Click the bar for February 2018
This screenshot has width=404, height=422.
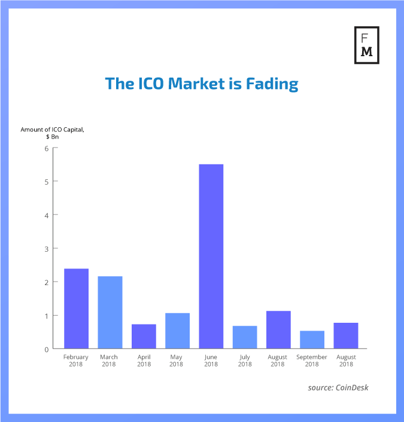point(76,308)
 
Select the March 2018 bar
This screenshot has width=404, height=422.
point(110,312)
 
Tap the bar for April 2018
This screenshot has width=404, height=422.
point(144,336)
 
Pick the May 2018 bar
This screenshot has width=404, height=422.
point(177,331)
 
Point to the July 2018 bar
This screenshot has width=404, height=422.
point(245,337)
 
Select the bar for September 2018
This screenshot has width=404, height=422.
point(312,340)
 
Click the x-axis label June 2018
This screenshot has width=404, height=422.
point(211,360)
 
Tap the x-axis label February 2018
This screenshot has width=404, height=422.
point(76,360)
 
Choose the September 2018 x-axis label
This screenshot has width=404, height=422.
point(312,360)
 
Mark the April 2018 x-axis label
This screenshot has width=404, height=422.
point(144,360)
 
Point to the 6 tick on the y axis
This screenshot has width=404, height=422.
point(46,148)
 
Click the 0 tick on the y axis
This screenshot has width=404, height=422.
point(46,349)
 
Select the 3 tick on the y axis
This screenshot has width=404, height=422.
point(46,248)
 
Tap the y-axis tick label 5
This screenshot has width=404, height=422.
point(46,181)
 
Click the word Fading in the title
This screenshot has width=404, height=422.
point(273,83)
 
